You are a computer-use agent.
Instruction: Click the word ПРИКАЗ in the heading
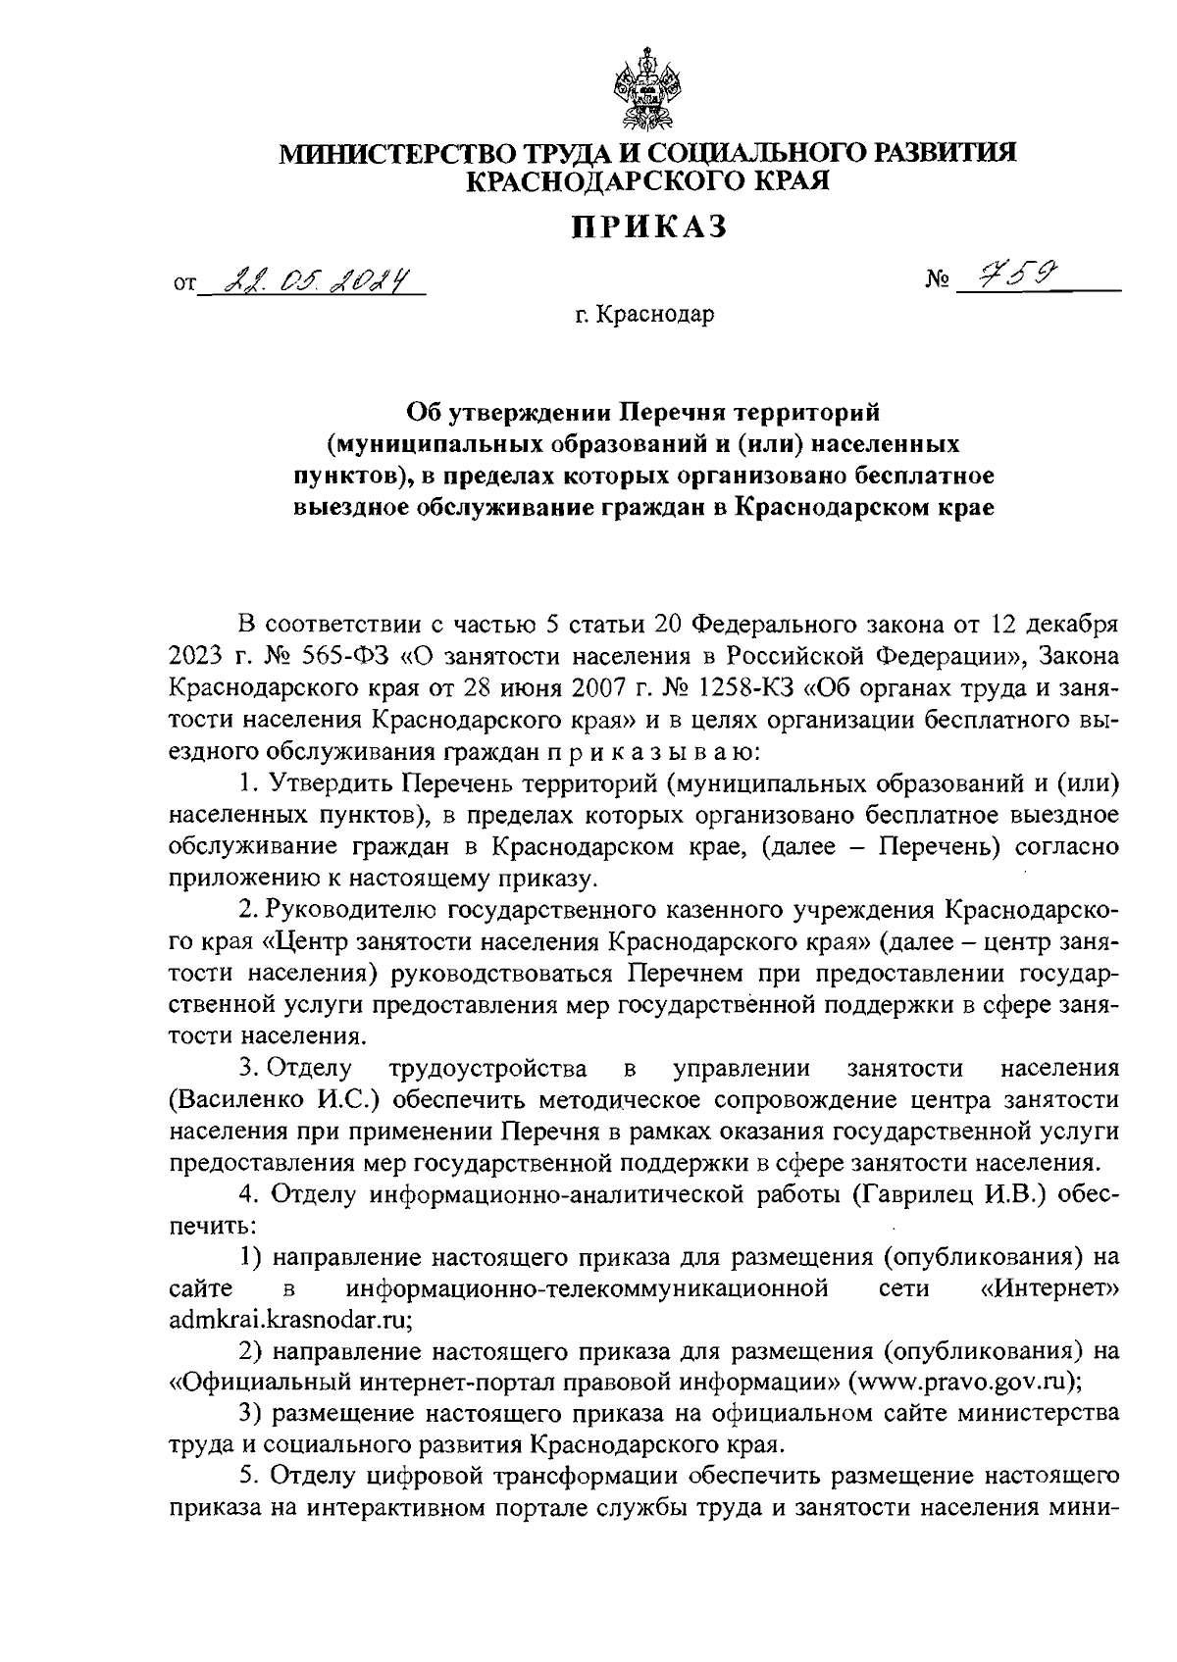(x=648, y=227)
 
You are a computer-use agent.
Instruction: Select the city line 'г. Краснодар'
(x=645, y=316)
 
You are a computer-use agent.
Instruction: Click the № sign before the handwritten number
(x=939, y=284)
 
